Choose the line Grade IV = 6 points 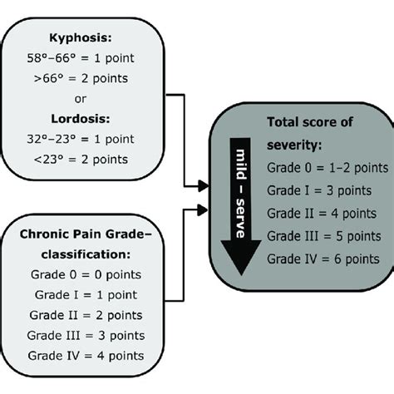[323, 259]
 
